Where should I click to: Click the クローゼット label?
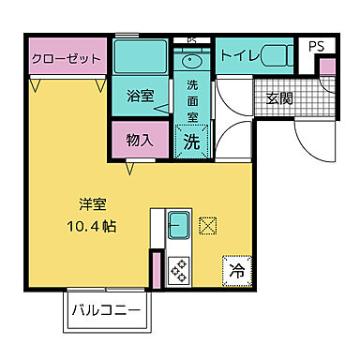66,56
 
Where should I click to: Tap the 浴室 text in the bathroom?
140,95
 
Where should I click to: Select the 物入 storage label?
140,141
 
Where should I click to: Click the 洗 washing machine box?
190,142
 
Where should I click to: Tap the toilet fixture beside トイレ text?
273,55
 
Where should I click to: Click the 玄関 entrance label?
278,97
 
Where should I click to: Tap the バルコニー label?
107,308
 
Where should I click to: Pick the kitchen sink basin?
180,225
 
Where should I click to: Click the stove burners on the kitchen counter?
178,269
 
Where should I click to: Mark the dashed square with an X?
209,225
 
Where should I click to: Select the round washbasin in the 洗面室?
191,62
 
